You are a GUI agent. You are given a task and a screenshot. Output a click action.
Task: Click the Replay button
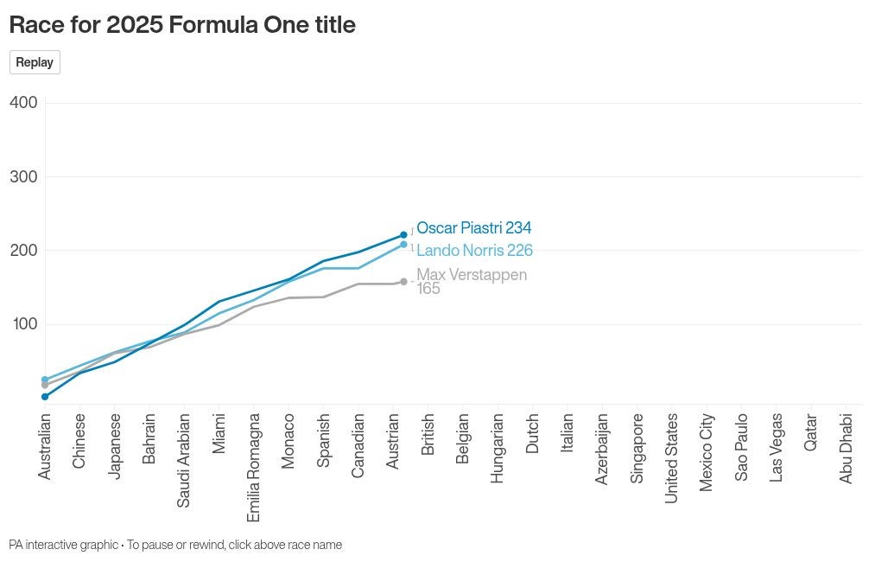[35, 62]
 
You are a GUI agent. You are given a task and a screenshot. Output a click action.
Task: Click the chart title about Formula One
[182, 25]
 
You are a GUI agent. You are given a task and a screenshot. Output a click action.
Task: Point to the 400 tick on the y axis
[23, 103]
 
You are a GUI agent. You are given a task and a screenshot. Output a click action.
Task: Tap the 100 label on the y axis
[23, 324]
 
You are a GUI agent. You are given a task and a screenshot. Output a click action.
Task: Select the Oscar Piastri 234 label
[473, 228]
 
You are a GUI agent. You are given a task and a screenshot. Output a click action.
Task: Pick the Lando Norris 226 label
[474, 251]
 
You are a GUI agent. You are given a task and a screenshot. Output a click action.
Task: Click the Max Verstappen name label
[472, 275]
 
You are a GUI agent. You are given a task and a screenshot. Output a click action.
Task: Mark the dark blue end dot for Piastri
[403, 235]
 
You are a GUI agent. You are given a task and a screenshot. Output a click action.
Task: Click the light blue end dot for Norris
[403, 245]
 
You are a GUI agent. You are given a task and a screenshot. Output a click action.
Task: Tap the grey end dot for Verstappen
[403, 282]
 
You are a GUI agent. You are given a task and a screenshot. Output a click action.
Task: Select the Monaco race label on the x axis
[288, 441]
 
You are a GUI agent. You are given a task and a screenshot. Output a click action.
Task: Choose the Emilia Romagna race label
[254, 467]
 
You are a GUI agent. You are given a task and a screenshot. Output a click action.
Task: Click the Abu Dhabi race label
[846, 448]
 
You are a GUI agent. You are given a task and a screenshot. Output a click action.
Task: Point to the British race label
[428, 435]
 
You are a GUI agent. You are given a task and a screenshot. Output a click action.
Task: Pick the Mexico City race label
[707, 452]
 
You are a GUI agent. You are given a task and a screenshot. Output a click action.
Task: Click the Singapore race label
[637, 448]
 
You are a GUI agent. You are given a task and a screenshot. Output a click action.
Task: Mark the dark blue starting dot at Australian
[45, 397]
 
